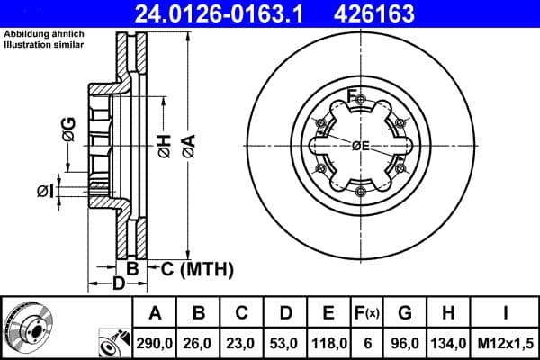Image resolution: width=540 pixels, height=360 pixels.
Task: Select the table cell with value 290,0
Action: tap(155, 342)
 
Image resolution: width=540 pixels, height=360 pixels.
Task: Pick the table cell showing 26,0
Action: tap(200, 342)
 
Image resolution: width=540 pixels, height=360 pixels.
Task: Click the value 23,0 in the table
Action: tap(242, 342)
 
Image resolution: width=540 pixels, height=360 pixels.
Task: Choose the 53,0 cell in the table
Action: tap(285, 342)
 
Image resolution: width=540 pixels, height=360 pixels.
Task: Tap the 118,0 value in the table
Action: tap(328, 342)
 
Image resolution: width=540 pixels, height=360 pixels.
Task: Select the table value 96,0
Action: tap(406, 342)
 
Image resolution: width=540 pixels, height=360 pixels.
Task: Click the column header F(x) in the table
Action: tap(368, 313)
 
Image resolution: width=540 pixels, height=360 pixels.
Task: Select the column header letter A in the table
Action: tap(155, 313)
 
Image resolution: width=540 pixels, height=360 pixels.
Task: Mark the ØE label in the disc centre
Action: tap(360, 147)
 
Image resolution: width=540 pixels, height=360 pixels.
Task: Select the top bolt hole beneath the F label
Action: tap(360, 105)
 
